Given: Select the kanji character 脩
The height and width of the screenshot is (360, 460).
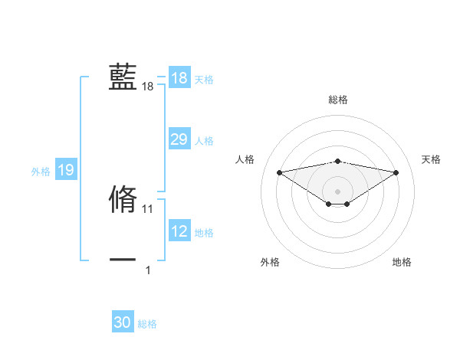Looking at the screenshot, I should point(123,198).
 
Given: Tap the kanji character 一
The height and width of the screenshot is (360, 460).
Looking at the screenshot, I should point(123,260).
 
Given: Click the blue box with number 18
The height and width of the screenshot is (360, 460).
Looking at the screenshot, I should point(179,78).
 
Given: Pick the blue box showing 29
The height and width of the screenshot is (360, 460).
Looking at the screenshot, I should point(179,139).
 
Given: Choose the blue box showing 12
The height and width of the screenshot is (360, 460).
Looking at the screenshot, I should point(179,231).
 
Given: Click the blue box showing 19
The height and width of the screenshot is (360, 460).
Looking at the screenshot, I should point(66,170).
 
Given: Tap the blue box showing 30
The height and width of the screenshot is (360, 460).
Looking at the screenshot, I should point(123,322).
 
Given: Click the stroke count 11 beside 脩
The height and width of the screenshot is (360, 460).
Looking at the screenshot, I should point(148,208).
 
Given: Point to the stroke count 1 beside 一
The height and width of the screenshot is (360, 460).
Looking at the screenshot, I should point(148,270).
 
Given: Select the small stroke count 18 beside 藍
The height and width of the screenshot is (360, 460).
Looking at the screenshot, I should point(148,87).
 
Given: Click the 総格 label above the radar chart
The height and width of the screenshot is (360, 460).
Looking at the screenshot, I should point(337,100).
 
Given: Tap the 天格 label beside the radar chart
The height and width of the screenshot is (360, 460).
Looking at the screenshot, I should point(431,159).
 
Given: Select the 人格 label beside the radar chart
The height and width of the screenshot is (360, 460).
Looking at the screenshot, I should point(245,159).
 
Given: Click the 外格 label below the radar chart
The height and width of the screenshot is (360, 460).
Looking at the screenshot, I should point(270,262).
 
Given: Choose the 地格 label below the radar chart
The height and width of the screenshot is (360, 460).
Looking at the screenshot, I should point(402,262).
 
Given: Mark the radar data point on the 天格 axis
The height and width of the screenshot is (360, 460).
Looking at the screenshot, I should point(396,172).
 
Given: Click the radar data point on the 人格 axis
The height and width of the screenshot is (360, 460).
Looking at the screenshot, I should point(279,172).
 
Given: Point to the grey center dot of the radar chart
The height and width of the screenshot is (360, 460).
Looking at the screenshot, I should point(337,191).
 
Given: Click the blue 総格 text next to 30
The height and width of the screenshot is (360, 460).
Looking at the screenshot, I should point(147,324).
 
